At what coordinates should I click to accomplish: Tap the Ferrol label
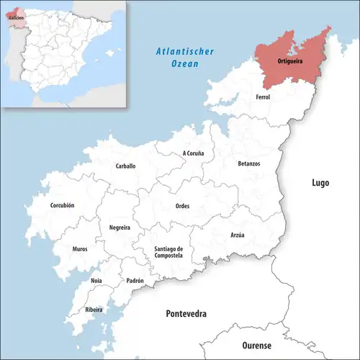(262, 96)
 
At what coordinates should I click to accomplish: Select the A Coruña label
(194, 153)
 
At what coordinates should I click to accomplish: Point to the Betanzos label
(249, 163)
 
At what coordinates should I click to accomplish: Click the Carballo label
(125, 166)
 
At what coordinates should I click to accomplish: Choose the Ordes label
(183, 206)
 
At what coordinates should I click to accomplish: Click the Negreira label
(120, 227)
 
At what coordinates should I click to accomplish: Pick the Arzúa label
(238, 235)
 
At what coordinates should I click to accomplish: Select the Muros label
(80, 249)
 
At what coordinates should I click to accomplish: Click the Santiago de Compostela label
(168, 252)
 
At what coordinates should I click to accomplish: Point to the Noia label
(96, 280)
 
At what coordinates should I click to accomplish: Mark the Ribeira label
(94, 310)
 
